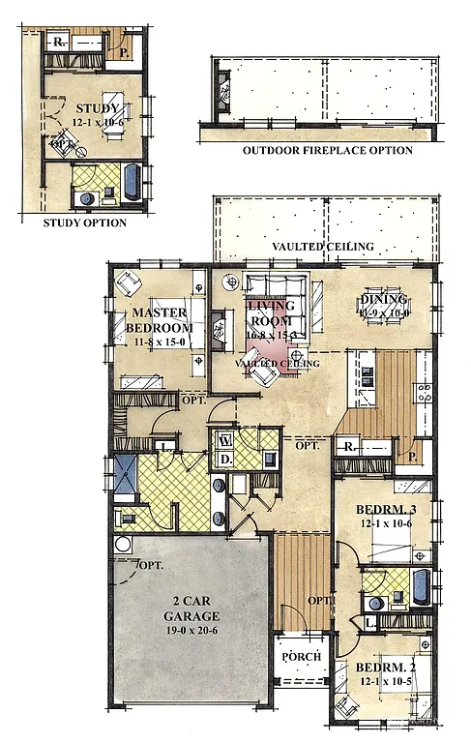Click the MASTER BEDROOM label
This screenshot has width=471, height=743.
pos(161,320)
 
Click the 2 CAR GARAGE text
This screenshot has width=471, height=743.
pos(191,609)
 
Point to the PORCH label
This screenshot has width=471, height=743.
pos(300,657)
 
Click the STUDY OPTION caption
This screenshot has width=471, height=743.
pos(85,223)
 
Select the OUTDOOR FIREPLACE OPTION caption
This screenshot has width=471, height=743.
pos(328,150)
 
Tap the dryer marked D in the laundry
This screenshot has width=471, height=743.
pos(224,457)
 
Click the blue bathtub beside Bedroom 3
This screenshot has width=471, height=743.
pos(421,586)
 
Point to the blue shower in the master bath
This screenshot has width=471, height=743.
pos(126,474)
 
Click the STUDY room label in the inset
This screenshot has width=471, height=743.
pos(98,107)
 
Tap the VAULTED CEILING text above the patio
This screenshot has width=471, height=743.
pos(322,247)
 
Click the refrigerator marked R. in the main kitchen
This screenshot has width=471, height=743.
pos(347,447)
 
